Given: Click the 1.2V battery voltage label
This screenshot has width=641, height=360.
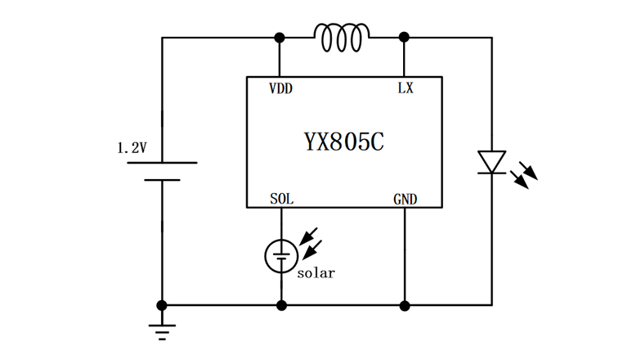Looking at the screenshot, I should coord(132,148).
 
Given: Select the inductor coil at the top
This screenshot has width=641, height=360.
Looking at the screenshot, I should coord(342,38).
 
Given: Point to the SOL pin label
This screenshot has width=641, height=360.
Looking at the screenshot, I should coord(281,199).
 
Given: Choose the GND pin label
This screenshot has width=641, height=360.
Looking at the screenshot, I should coord(405,199).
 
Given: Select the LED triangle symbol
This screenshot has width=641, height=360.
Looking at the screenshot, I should coord(491,161).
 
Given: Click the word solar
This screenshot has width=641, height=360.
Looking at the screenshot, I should coord(316,273).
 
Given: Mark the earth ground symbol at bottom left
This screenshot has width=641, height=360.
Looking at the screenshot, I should coord(162,331).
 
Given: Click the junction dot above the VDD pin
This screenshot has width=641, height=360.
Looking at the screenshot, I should coord(280,38).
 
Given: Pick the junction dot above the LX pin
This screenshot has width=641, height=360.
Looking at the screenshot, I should coord(405,38).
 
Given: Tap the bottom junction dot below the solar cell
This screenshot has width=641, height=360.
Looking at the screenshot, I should coord(280,305).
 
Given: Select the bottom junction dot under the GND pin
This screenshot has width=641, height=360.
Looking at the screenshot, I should coord(405,305).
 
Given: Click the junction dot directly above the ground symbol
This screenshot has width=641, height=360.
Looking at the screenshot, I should coord(162,305).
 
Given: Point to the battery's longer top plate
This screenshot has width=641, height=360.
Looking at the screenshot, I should coord(162,163).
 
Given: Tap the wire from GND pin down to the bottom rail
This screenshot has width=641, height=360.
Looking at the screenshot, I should coord(405,254).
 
